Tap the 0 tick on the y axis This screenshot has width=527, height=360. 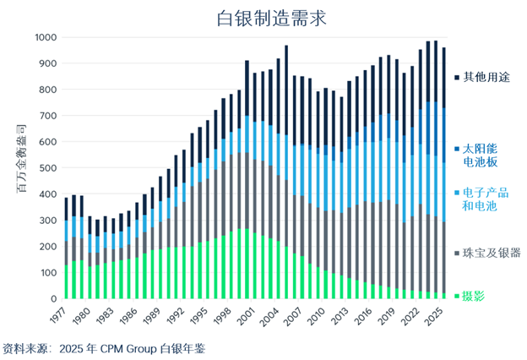(x=54, y=299)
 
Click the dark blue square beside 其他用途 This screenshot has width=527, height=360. (x=457, y=77)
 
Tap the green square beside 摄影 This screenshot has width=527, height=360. (x=457, y=296)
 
